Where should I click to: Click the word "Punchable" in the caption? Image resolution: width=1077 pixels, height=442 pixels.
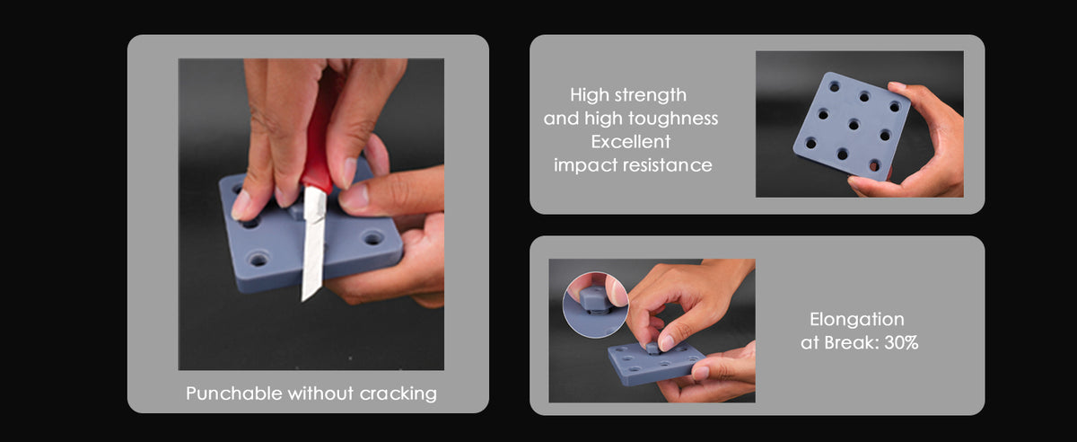(x=234, y=393)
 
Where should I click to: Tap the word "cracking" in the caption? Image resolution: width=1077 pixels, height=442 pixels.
(x=398, y=393)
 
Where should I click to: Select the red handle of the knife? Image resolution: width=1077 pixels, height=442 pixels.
(x=320, y=131)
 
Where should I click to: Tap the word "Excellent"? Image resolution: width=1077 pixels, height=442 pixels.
(x=631, y=142)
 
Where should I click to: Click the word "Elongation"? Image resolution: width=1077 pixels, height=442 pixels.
(x=857, y=320)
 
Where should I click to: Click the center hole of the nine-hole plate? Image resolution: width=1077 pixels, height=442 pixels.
(x=854, y=125)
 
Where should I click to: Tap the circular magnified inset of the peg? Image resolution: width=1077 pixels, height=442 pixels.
(x=595, y=305)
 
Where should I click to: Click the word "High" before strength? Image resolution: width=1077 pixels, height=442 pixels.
(x=588, y=95)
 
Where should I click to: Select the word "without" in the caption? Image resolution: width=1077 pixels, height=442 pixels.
(x=320, y=393)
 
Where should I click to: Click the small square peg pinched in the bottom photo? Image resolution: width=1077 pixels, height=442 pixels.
(x=653, y=347)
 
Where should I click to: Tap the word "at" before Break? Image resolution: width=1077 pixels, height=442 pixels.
(x=810, y=343)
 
